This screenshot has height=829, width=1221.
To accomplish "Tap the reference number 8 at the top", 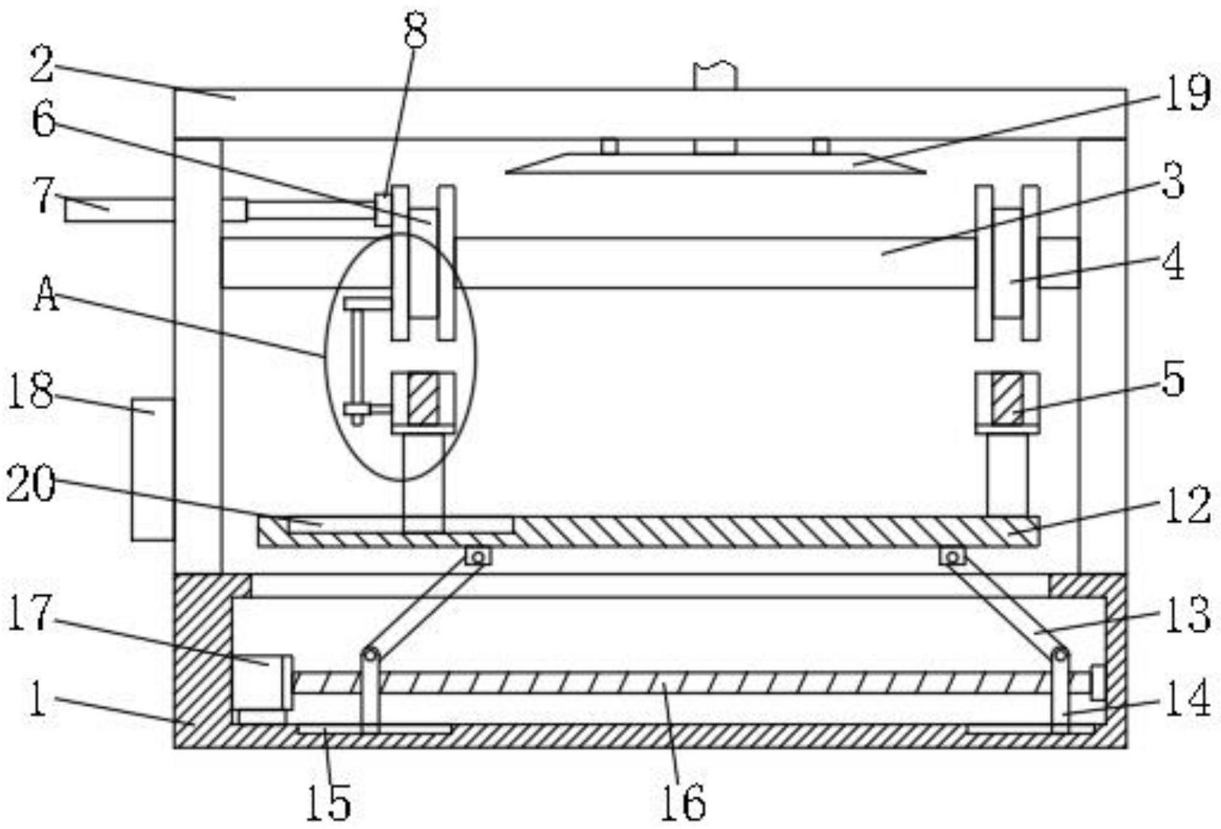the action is [x=415, y=31].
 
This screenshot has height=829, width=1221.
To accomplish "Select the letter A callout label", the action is [x=46, y=295].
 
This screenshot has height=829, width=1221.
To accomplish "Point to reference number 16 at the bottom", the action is [x=683, y=800].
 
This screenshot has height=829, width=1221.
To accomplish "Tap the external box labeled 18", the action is [x=153, y=469].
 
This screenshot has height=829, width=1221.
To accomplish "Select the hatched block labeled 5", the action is [x=1008, y=400].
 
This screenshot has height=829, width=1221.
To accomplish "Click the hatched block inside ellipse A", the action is [x=424, y=400].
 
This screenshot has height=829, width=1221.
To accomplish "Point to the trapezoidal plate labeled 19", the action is [x=716, y=163].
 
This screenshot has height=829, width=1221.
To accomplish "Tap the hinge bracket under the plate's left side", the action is [x=478, y=557].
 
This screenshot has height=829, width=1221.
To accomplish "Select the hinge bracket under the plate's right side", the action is [x=952, y=557].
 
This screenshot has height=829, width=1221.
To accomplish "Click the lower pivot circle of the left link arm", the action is [x=370, y=655].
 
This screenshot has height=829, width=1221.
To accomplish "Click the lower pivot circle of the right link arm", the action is [x=1060, y=655].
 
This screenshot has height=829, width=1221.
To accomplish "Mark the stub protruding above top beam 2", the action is [x=715, y=76].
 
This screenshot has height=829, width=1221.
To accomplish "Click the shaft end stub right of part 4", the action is [x=1060, y=263].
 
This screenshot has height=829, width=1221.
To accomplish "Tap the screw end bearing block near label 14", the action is [x=1098, y=682].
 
